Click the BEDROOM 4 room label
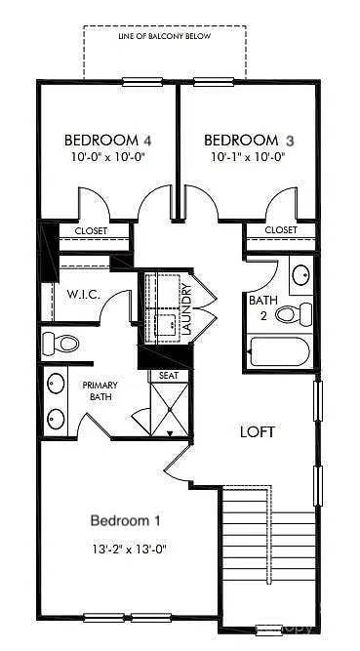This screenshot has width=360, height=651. coord(107,140)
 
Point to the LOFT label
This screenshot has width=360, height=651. coord(259,430)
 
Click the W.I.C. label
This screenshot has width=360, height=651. coord(79,294)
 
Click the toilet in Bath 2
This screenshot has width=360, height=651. coord(294,313)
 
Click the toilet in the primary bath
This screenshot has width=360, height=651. coord(60,344)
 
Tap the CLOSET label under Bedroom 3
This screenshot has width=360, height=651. coord(281,230)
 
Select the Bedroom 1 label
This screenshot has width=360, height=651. coord(126,518)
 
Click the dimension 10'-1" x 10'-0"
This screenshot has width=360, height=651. coord(248,156)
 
